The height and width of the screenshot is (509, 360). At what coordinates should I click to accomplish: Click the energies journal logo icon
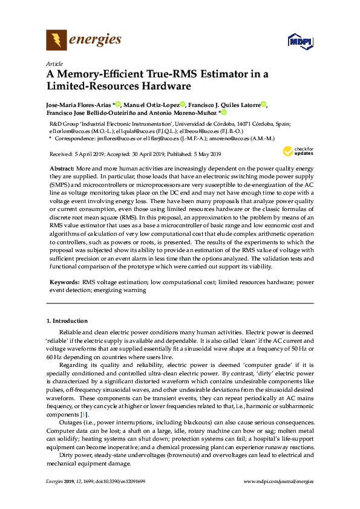click(x=56, y=41)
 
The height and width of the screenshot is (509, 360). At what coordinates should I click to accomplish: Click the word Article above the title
click(x=54, y=63)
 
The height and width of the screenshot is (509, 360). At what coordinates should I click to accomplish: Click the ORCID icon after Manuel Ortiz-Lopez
click(x=183, y=105)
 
